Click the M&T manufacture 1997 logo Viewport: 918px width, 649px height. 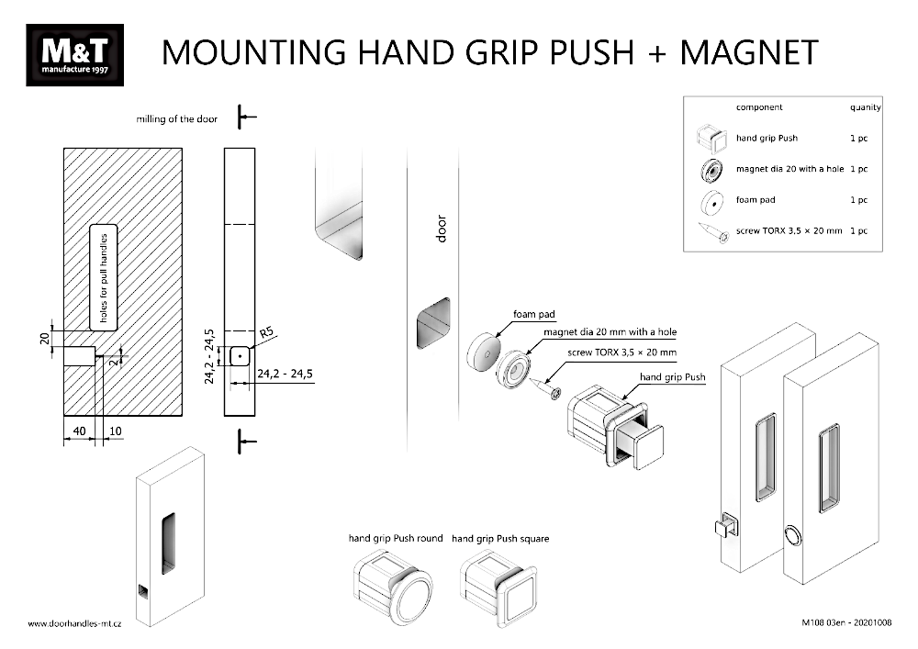coord(75,55)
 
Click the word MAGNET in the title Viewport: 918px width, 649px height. coord(748,52)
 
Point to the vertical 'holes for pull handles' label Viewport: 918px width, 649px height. coord(104,276)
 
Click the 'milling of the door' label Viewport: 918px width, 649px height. coord(177,119)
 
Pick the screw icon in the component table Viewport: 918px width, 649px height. coord(711,231)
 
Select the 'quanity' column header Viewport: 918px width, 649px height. coord(865,107)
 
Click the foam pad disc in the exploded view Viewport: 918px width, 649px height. coord(482,354)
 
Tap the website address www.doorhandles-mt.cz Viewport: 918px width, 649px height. coord(76,623)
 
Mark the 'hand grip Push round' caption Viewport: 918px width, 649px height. coord(395,539)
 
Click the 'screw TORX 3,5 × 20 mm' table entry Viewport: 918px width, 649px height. coord(789,231)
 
